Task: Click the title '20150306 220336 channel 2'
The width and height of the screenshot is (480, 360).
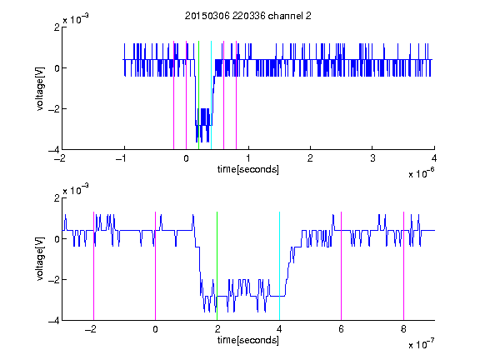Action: (x=248, y=16)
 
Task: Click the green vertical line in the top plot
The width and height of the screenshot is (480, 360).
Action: (x=198, y=95)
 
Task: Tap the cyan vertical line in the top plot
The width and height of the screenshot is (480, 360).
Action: (x=211, y=95)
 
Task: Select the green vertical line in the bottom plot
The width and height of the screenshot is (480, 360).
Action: (x=217, y=266)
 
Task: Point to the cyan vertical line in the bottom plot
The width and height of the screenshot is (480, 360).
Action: (x=279, y=266)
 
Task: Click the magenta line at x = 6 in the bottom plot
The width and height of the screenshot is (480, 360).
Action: (x=342, y=266)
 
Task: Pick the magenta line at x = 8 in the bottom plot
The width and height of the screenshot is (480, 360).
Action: (x=403, y=266)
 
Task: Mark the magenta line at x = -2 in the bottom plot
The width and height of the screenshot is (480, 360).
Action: (x=93, y=266)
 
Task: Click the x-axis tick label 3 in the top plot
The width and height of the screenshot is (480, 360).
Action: (x=372, y=158)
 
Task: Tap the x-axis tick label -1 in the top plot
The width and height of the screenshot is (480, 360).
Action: (x=122, y=158)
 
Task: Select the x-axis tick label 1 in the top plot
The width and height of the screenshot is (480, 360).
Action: (x=248, y=158)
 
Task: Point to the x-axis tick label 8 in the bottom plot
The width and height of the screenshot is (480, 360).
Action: (x=403, y=329)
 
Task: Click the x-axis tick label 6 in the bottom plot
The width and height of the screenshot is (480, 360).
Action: (x=342, y=329)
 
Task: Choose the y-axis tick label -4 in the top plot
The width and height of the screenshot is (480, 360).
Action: (x=54, y=150)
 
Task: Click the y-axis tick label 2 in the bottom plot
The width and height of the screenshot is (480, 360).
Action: (x=57, y=198)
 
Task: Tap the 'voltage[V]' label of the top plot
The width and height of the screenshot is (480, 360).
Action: (x=40, y=88)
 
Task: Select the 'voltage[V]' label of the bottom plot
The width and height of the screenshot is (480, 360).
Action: (x=40, y=259)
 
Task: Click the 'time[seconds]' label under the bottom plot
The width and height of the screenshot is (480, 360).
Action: (x=248, y=340)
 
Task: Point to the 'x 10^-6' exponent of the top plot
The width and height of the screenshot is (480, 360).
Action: (x=421, y=172)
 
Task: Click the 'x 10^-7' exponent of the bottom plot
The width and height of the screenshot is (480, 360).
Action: (x=421, y=343)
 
